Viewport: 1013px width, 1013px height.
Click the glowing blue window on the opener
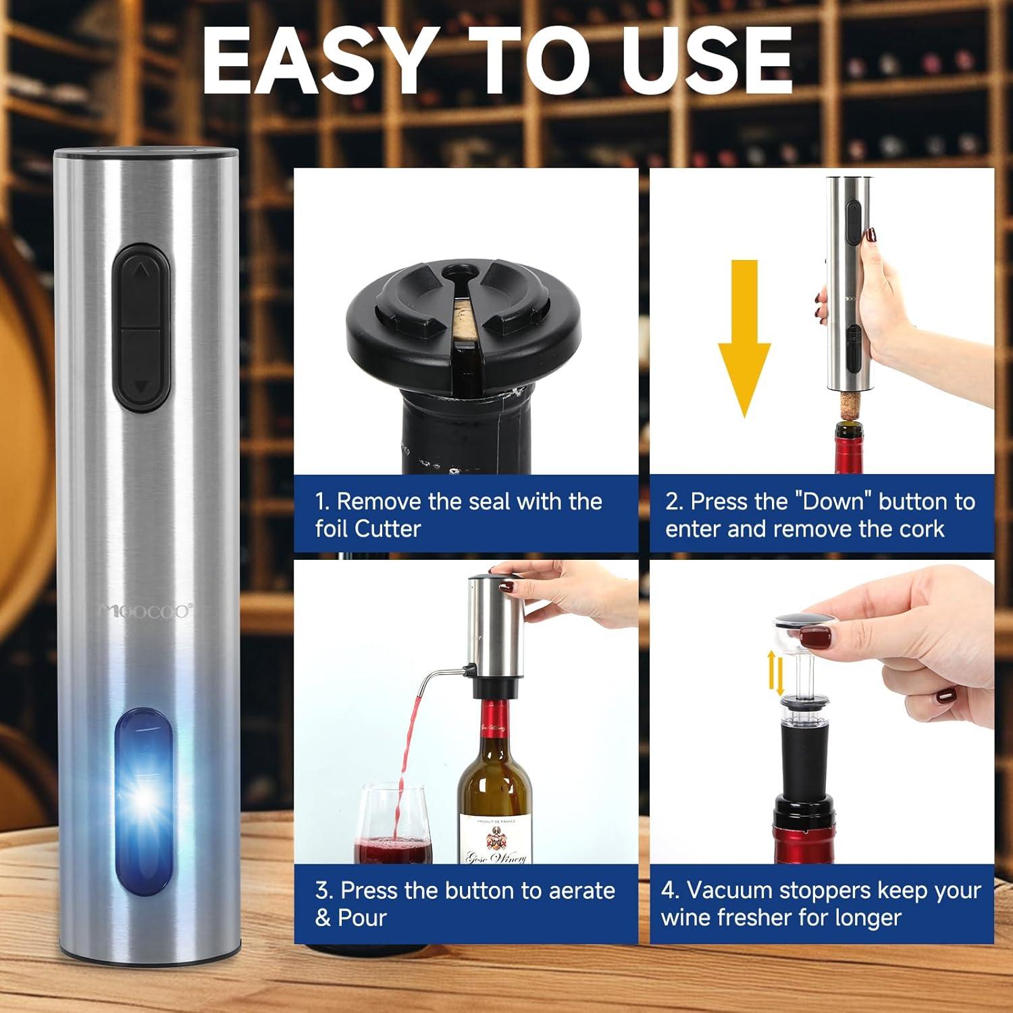(x=143, y=800)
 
